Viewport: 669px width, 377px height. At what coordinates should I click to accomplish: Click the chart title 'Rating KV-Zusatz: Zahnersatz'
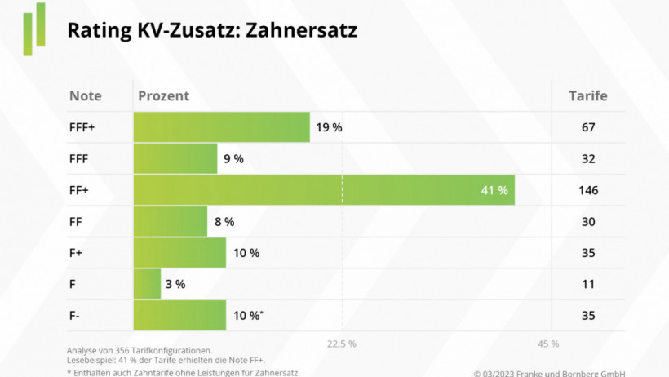point(211,30)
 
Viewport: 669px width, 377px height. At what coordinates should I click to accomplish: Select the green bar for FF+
point(323,190)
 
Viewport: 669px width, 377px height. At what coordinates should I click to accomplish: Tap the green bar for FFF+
point(221,127)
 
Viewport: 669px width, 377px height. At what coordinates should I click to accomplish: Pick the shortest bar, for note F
point(147,284)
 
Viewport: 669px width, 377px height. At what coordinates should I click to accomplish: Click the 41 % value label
point(494,190)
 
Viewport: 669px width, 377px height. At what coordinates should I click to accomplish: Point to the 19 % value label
point(329,127)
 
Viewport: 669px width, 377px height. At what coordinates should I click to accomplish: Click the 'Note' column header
point(86,95)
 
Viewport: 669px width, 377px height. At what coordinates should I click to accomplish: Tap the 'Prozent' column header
point(163,95)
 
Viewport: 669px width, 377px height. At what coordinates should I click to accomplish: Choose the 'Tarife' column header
point(587,95)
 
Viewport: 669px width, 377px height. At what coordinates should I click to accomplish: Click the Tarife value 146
point(587,190)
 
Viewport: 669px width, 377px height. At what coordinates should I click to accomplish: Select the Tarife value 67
point(587,127)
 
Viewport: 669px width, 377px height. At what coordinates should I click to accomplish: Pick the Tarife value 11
point(587,284)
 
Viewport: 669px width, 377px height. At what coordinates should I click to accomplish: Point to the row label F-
point(76,316)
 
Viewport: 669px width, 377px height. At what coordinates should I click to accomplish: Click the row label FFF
point(80,158)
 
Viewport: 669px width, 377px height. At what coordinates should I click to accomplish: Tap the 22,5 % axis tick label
point(341,344)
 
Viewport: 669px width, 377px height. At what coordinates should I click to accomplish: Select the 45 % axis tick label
point(548,344)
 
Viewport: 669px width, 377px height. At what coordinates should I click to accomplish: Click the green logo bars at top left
point(34,30)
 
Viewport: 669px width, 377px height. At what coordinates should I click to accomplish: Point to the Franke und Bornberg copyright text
point(549,372)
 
